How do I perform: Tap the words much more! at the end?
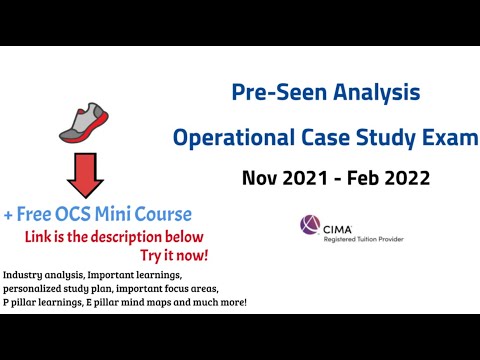point(227,302)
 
